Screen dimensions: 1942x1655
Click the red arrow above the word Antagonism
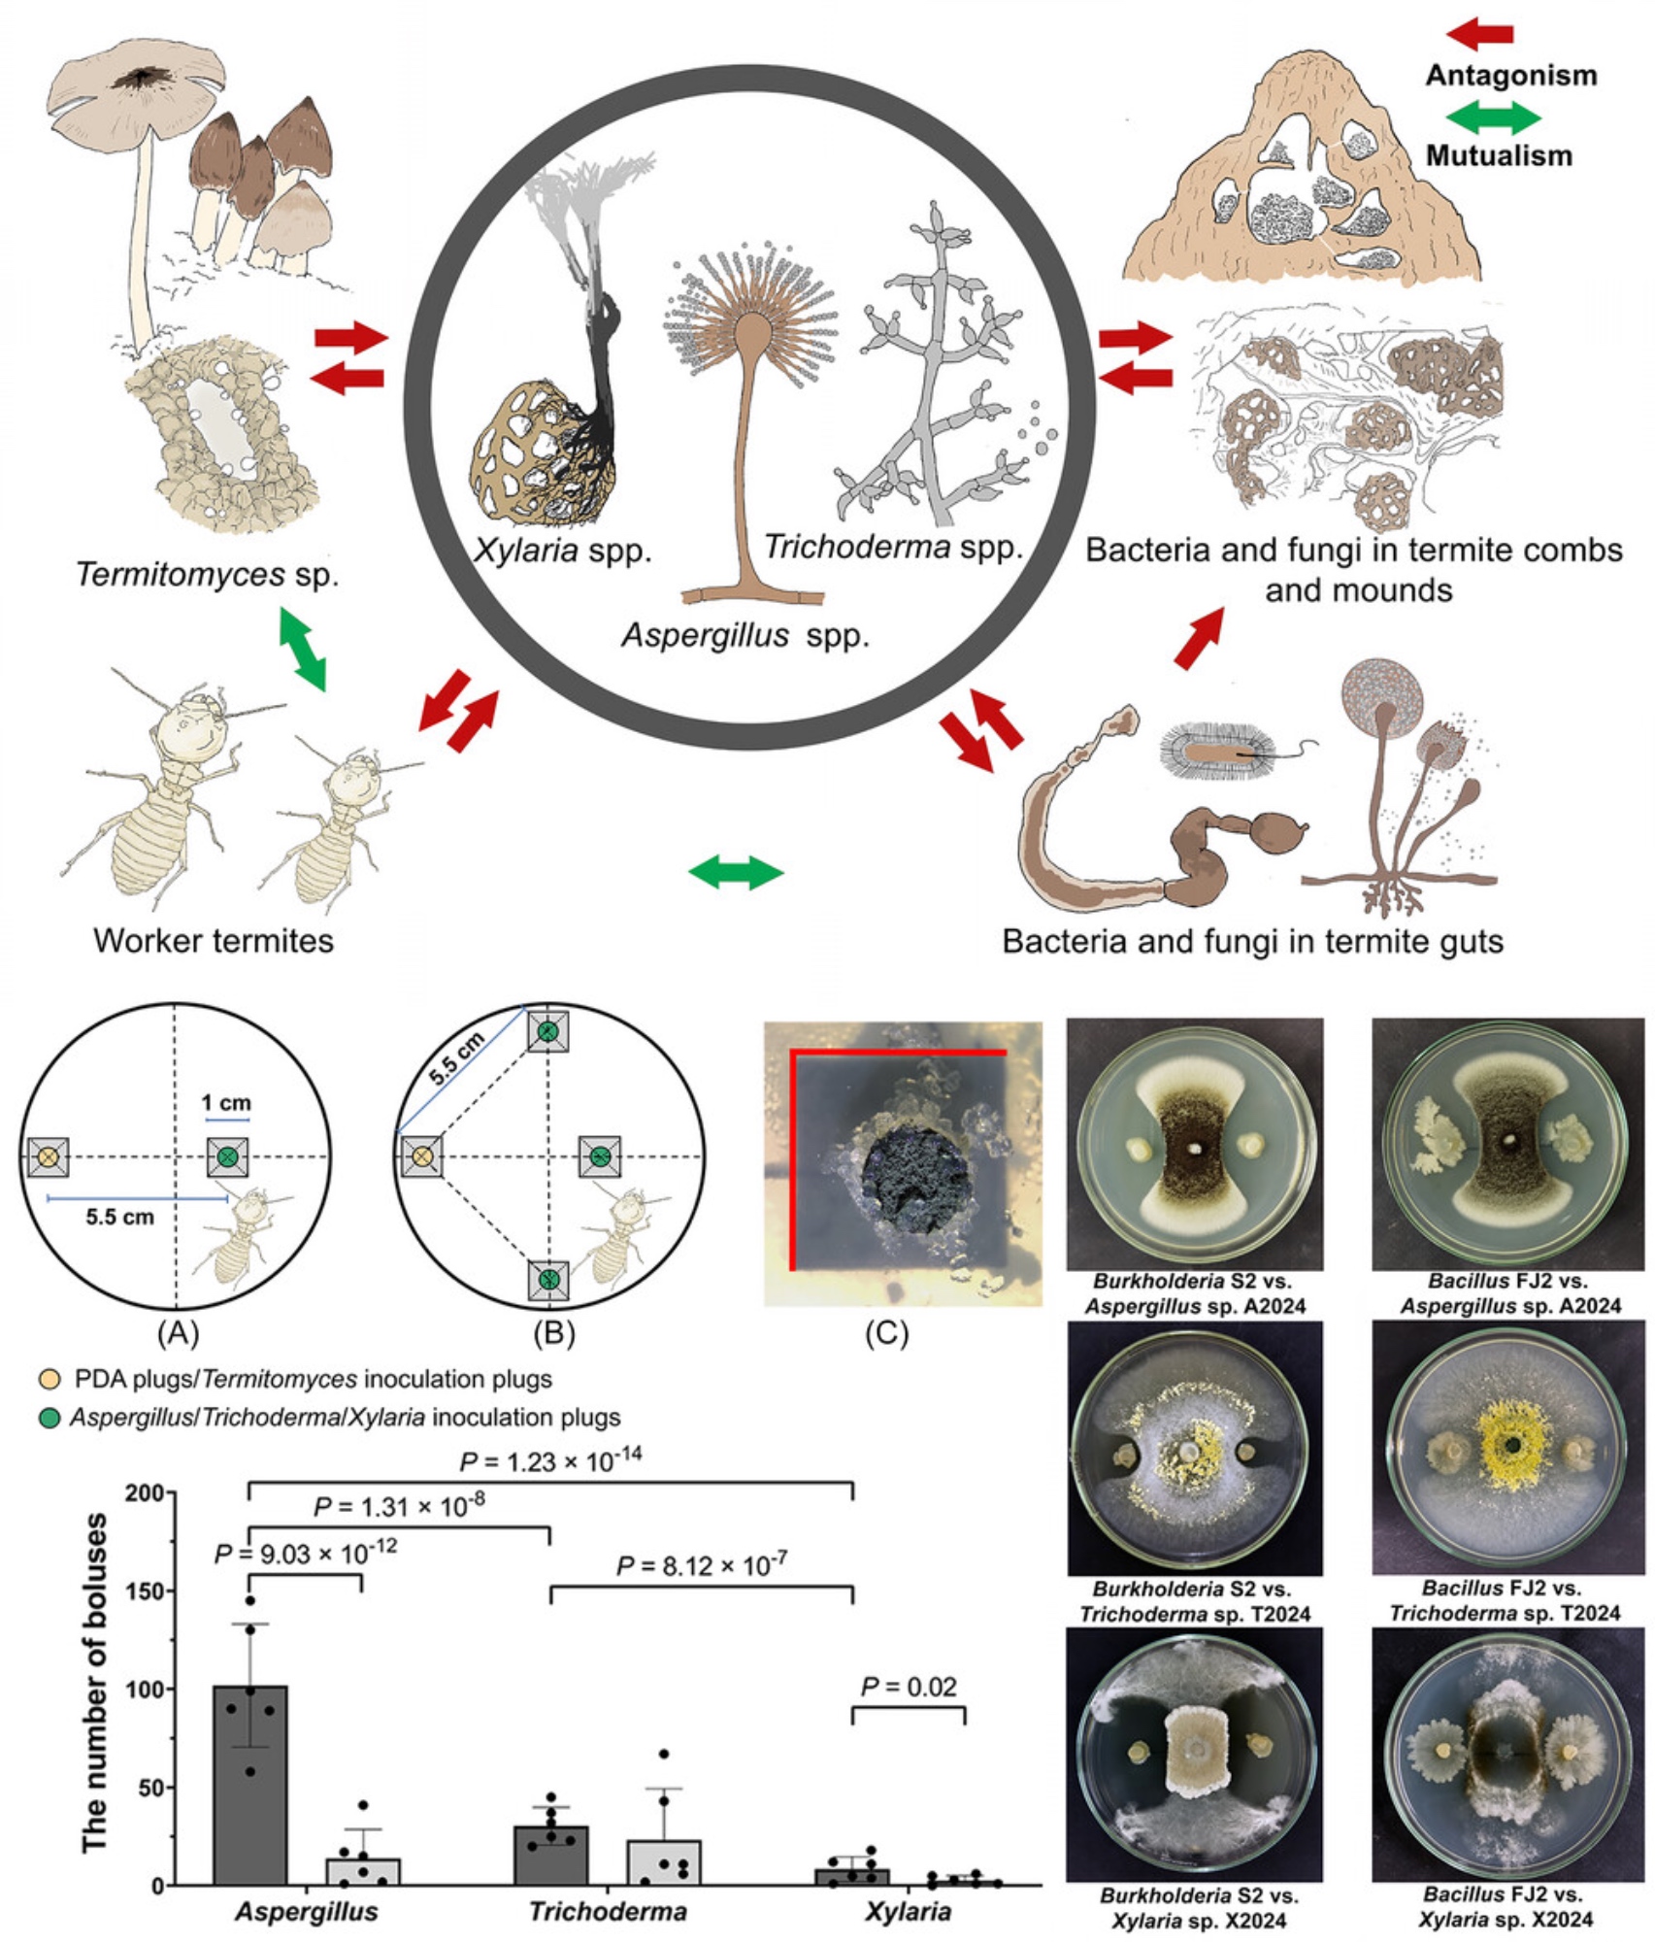[x=1479, y=35]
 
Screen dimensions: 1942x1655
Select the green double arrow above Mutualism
[x=1493, y=117]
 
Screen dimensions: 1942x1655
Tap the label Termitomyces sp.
[x=208, y=575]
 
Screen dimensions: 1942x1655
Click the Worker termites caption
[x=214, y=941]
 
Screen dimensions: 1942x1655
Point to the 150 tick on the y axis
[x=149, y=1591]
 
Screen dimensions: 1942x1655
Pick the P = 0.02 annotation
[x=909, y=1687]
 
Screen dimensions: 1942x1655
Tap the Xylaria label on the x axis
[x=908, y=1912]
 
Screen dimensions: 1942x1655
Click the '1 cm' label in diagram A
[x=225, y=1103]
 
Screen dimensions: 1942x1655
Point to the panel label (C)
[x=886, y=1333]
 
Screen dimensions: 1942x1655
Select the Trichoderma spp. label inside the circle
[x=893, y=548]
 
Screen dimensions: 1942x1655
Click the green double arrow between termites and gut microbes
[x=735, y=872]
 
